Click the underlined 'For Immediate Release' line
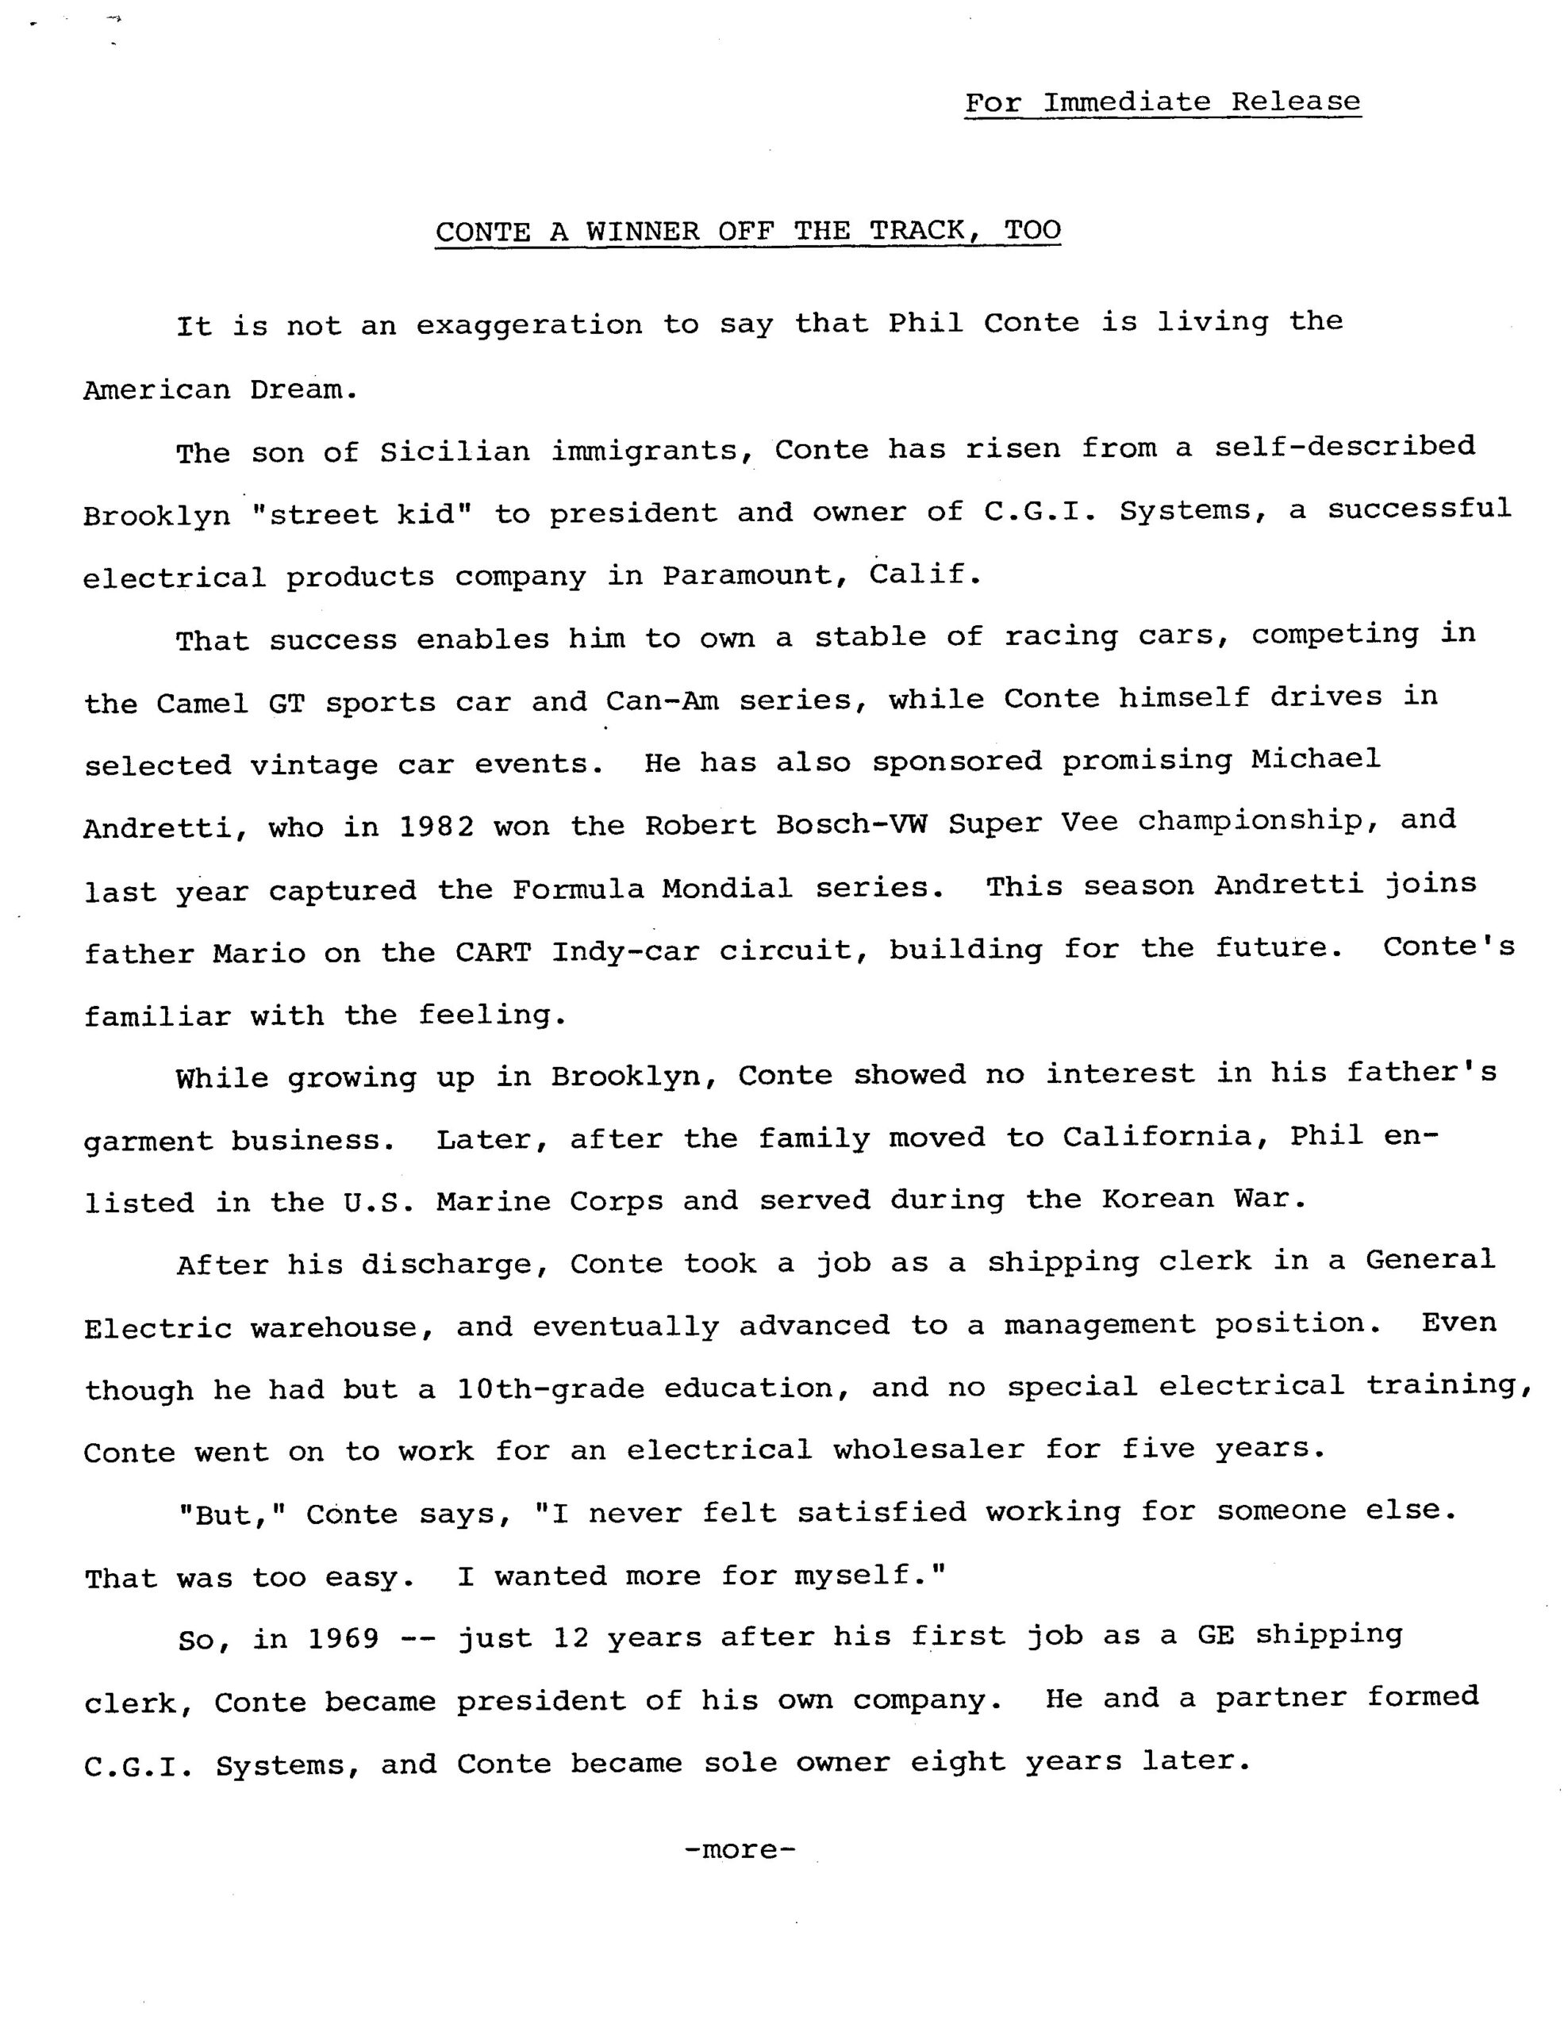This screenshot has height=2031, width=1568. pyautogui.click(x=1162, y=102)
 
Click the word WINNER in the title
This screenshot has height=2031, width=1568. pyautogui.click(x=642, y=231)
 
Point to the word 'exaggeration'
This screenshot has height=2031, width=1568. pyautogui.click(x=528, y=325)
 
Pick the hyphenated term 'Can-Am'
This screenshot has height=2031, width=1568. pyautogui.click(x=662, y=701)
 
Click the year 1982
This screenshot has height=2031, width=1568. pyautogui.click(x=436, y=827)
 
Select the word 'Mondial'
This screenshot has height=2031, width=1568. pyautogui.click(x=728, y=889)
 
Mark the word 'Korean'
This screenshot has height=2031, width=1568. pyautogui.click(x=1158, y=1199)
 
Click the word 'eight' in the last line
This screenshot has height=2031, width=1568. pyautogui.click(x=957, y=1762)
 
